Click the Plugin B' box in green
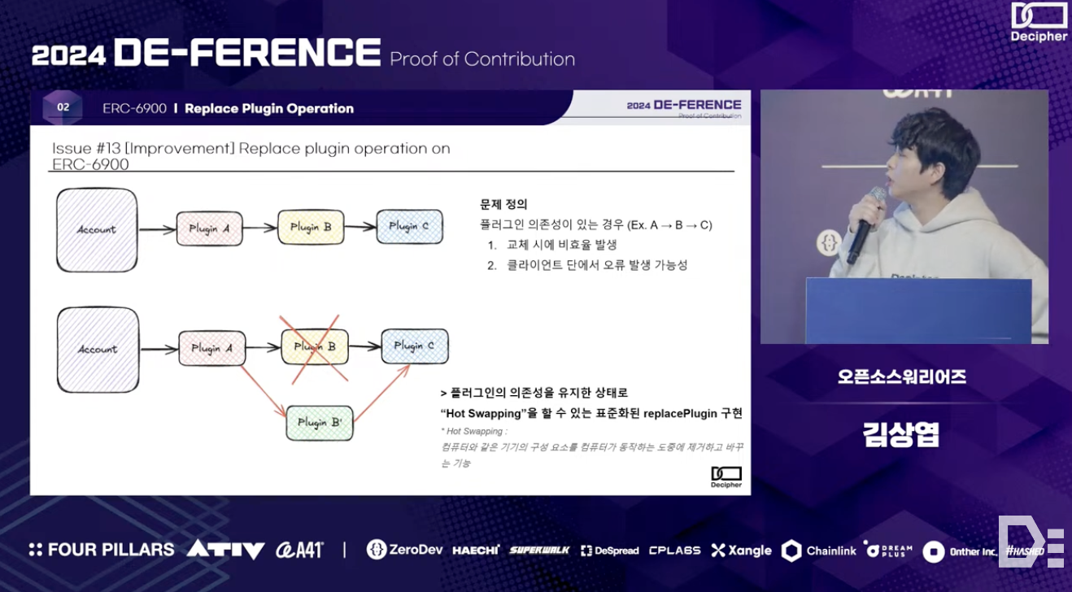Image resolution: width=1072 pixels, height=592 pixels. pyautogui.click(x=319, y=423)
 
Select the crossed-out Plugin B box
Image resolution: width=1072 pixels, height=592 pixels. pyautogui.click(x=314, y=347)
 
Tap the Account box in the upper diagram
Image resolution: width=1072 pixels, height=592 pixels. pyautogui.click(x=97, y=229)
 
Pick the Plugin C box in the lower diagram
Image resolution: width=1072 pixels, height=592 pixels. pyautogui.click(x=414, y=346)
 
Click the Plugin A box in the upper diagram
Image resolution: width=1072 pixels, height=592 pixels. pyautogui.click(x=208, y=229)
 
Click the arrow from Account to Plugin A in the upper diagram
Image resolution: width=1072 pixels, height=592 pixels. pyautogui.click(x=157, y=230)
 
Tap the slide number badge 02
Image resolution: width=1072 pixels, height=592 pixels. pyautogui.click(x=63, y=107)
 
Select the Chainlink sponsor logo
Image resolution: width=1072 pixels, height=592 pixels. pyautogui.click(x=819, y=551)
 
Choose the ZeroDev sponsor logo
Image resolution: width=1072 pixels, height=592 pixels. pyautogui.click(x=404, y=551)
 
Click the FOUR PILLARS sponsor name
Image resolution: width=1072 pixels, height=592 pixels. pyautogui.click(x=102, y=550)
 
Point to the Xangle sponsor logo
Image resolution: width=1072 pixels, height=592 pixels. pyautogui.click(x=741, y=551)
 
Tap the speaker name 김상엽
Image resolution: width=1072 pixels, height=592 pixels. pyautogui.click(x=901, y=434)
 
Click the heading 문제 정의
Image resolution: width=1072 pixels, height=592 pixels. pyautogui.click(x=503, y=204)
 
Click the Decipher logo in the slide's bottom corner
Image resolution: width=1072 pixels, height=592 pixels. pyautogui.click(x=726, y=477)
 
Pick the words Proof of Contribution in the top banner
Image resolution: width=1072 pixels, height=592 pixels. pyautogui.click(x=482, y=59)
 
